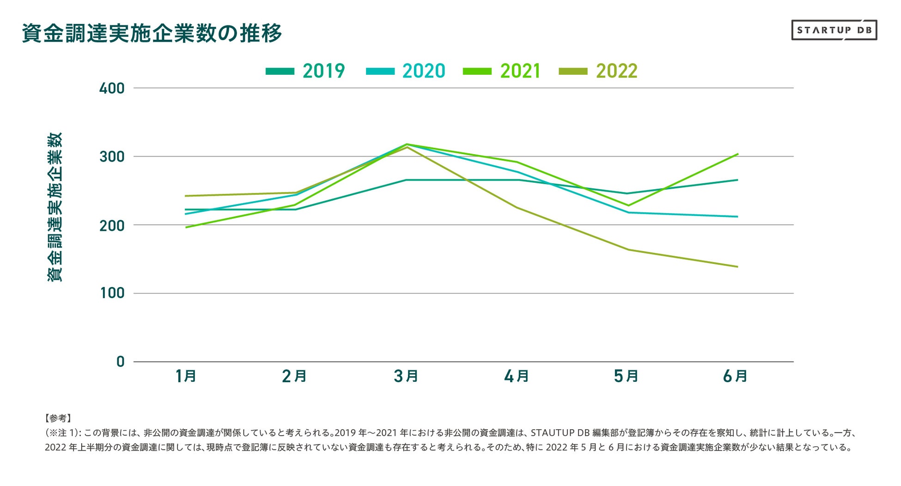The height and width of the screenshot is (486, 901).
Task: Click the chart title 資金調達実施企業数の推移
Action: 152,33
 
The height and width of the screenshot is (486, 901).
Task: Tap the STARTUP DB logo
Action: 834,30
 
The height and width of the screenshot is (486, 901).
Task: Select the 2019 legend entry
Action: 305,71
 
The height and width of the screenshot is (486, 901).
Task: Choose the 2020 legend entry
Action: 405,71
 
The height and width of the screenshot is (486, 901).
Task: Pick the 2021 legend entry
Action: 502,71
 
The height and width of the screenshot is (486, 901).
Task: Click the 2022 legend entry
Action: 598,71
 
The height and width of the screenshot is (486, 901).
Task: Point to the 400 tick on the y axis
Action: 112,88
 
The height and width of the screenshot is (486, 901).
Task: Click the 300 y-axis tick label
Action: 112,157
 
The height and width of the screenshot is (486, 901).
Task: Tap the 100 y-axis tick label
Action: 112,293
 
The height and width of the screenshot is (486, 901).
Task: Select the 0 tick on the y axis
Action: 121,361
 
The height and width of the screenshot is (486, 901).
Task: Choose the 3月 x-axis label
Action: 406,376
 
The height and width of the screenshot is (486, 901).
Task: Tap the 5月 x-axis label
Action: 626,376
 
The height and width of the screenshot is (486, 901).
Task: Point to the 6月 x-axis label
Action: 735,376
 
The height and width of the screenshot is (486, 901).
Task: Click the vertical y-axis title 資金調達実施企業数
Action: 55,207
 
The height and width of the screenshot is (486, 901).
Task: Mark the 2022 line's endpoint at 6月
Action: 737,267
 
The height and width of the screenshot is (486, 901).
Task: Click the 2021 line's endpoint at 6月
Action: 737,154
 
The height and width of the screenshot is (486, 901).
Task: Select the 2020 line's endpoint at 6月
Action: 737,216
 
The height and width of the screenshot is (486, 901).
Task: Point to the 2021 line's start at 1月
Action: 186,227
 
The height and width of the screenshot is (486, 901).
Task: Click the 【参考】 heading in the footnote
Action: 58,418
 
